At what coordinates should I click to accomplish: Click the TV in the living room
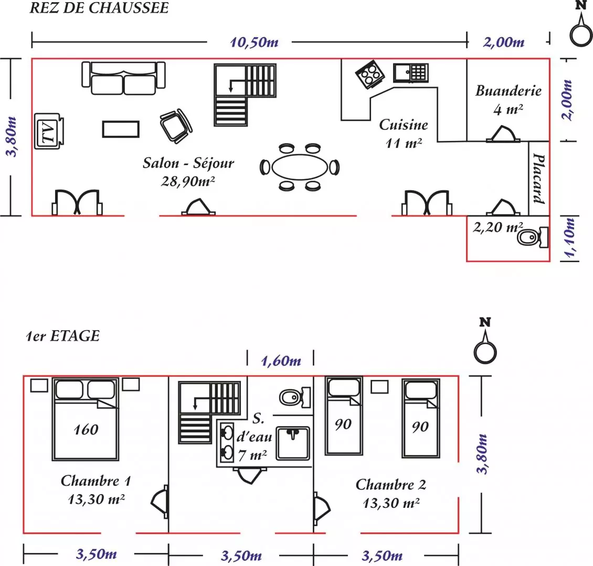(49, 131)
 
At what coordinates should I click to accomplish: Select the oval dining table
(300, 167)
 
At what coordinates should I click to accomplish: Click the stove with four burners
(369, 73)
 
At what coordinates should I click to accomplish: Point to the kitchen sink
(411, 72)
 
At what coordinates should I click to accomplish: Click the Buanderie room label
(508, 91)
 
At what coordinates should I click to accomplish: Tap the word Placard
(538, 178)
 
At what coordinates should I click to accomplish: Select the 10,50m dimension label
(254, 42)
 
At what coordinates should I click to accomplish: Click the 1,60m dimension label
(281, 361)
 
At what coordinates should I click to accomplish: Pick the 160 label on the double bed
(86, 430)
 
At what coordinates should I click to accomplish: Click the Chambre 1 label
(96, 481)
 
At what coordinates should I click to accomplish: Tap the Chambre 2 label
(391, 485)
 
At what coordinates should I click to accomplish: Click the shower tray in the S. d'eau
(293, 443)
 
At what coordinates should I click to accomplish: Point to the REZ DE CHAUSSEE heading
(99, 8)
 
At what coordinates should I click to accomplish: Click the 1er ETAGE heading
(62, 336)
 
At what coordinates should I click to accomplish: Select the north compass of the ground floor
(581, 31)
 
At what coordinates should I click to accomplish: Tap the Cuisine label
(403, 125)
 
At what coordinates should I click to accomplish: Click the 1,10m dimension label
(570, 238)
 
